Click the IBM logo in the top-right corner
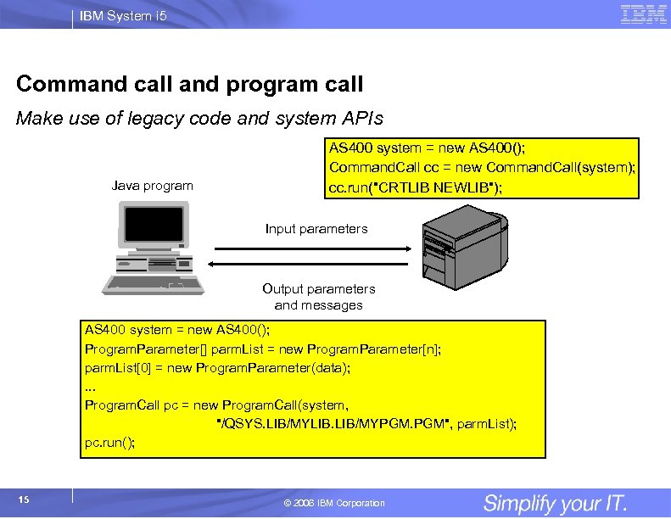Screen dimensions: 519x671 click(x=643, y=14)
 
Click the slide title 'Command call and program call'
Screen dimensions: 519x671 click(x=189, y=85)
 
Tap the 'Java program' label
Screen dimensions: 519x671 click(x=152, y=186)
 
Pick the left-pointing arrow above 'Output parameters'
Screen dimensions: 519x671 click(x=310, y=265)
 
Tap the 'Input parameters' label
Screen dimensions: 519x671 click(x=316, y=229)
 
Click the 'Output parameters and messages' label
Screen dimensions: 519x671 click(x=318, y=297)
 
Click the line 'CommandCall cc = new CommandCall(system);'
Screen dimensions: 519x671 click(x=482, y=167)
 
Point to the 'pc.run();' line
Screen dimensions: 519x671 click(x=109, y=443)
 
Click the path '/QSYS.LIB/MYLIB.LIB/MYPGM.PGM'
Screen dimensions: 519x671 click(x=335, y=423)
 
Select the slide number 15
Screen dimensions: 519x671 click(x=24, y=499)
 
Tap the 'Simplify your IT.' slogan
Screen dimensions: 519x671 click(x=555, y=503)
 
